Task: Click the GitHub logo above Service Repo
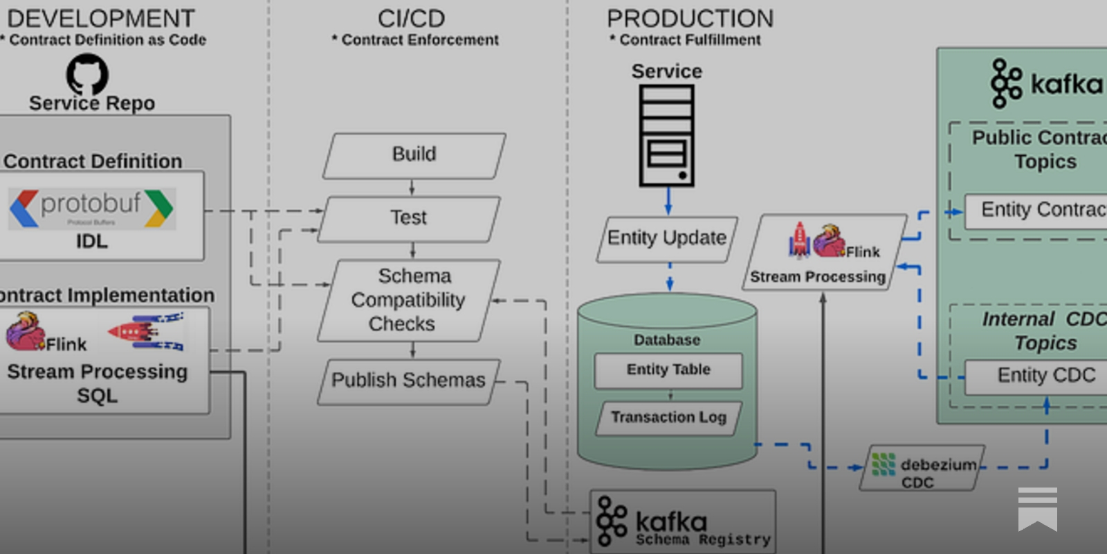pyautogui.click(x=87, y=73)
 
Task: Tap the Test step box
pyautogui.click(x=409, y=218)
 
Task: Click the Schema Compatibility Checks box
pyautogui.click(x=408, y=300)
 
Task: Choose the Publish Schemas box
pyautogui.click(x=408, y=381)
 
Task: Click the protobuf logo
pyautogui.click(x=92, y=208)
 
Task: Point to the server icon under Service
pyautogui.click(x=666, y=136)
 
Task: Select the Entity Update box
pyautogui.click(x=666, y=239)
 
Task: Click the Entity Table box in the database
pyautogui.click(x=668, y=370)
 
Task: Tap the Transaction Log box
pyautogui.click(x=668, y=418)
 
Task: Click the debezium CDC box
pyautogui.click(x=922, y=468)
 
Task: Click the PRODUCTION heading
pyautogui.click(x=690, y=19)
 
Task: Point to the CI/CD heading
pyautogui.click(x=411, y=19)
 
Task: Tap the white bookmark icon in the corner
pyautogui.click(x=1037, y=508)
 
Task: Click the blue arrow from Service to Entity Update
pyautogui.click(x=668, y=201)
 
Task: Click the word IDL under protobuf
pyautogui.click(x=92, y=242)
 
